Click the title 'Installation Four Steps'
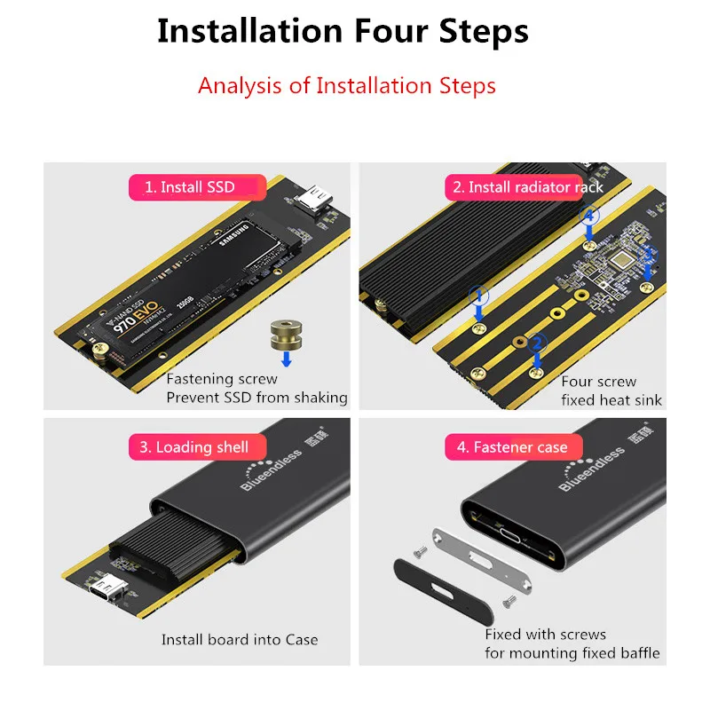point(343,31)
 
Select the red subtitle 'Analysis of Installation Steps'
point(346,86)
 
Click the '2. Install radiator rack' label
point(527,187)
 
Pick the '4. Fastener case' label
point(511,447)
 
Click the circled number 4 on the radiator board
point(588,216)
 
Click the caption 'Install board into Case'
point(240,639)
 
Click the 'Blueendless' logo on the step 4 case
point(593,468)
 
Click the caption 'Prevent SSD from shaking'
point(257,398)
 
